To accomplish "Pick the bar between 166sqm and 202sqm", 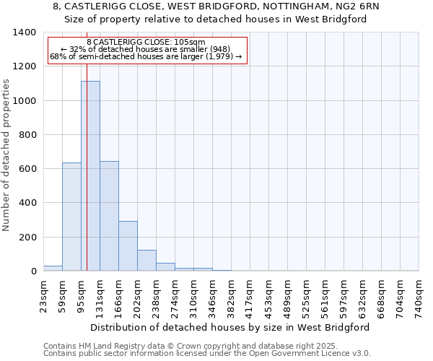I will (x=128, y=245).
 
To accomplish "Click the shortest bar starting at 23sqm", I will (x=53, y=268).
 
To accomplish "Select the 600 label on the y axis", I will (x=29, y=169).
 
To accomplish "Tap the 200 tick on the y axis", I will (x=29, y=237).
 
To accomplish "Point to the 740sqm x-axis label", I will (x=419, y=296).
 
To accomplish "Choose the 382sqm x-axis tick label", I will (x=231, y=296).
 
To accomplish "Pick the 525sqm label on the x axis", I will (x=306, y=296).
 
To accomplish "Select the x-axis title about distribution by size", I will (x=231, y=327).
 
